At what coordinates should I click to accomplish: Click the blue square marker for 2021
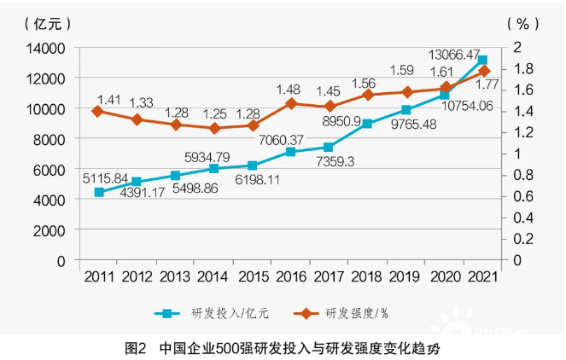(482, 61)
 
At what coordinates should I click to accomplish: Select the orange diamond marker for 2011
(98, 111)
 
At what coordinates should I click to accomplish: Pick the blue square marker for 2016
(291, 152)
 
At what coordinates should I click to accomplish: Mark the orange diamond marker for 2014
(214, 128)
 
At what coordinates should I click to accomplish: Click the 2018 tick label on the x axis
(368, 276)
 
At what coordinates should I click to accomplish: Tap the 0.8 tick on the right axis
(525, 175)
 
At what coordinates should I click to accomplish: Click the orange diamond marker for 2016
(291, 103)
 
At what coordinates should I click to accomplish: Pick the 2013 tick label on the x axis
(175, 276)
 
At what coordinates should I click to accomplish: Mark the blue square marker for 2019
(406, 110)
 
